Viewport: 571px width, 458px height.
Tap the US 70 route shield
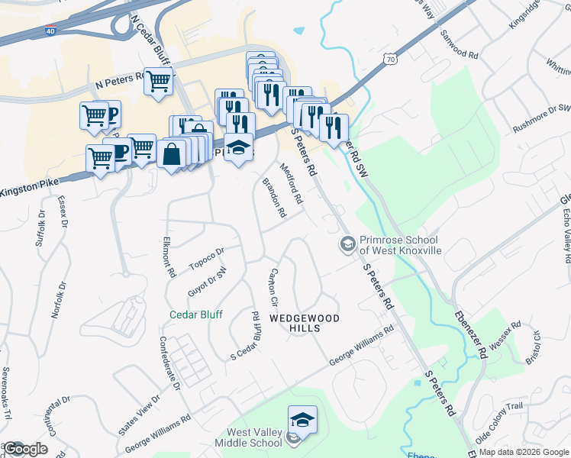coord(391,58)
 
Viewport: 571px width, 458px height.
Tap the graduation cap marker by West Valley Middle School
coord(302,419)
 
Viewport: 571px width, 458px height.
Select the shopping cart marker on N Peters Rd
coord(158,80)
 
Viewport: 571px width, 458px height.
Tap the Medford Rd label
coord(292,183)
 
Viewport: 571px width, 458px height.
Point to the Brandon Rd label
coord(274,198)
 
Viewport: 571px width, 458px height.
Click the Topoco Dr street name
coord(207,258)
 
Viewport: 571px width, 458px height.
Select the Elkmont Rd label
coord(169,255)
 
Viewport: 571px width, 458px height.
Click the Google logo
coord(25,449)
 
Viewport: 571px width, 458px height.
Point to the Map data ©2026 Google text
coord(524,452)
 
